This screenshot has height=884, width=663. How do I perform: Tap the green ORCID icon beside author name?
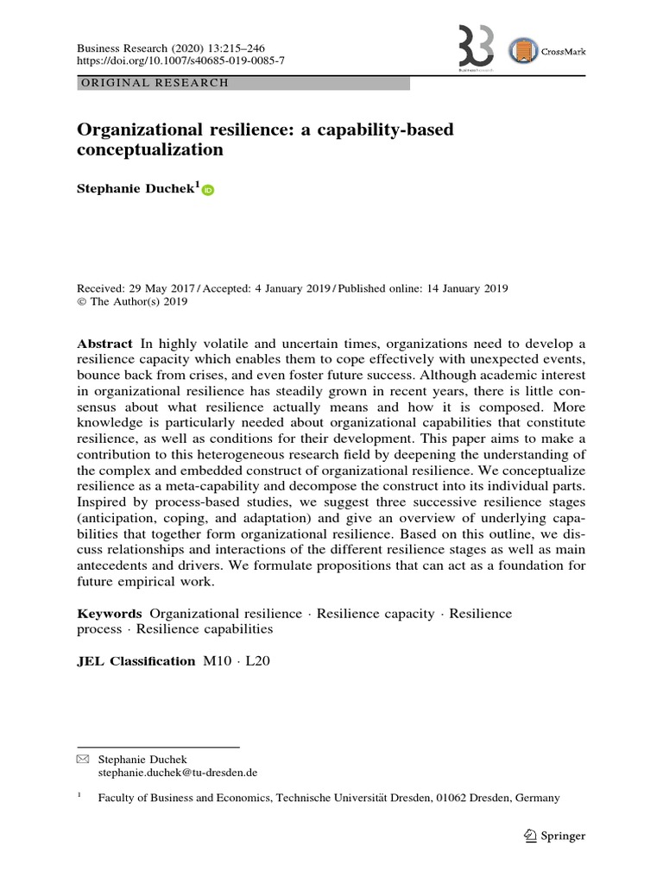[x=208, y=191]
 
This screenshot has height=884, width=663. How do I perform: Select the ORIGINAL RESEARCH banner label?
[x=154, y=84]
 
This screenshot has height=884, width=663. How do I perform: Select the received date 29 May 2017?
[x=161, y=288]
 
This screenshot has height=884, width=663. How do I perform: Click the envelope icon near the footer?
[x=83, y=759]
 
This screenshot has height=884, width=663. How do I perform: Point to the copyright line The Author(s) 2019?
[x=137, y=302]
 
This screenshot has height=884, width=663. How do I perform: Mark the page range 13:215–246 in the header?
[x=249, y=49]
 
